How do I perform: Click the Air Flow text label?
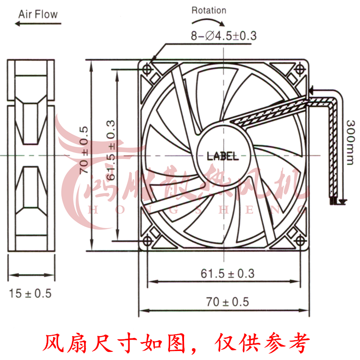pyautogui.click(x=38, y=14)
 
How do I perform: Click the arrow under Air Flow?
pyautogui.click(x=38, y=24)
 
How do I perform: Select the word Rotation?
pyautogui.click(x=209, y=10)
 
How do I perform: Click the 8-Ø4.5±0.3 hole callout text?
pyautogui.click(x=223, y=36)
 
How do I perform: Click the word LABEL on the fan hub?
pyautogui.click(x=223, y=156)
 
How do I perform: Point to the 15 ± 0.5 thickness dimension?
pyautogui.click(x=31, y=293)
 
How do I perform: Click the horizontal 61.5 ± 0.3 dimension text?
pyautogui.click(x=228, y=273)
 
